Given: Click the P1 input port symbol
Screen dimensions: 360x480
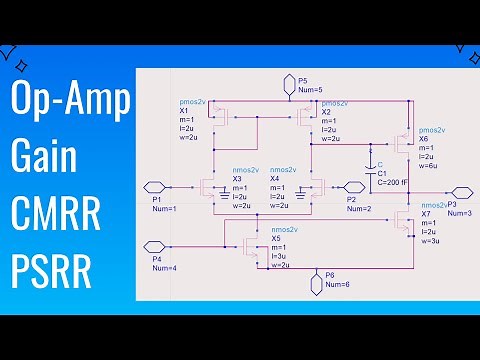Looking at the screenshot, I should tap(152, 186).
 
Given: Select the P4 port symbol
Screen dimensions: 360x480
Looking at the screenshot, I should tap(153, 244).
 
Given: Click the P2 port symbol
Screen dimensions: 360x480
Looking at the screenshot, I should tap(351, 186).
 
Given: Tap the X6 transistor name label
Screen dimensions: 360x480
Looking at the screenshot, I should tap(424, 139).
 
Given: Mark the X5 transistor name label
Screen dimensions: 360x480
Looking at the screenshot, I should tap(276, 239).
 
